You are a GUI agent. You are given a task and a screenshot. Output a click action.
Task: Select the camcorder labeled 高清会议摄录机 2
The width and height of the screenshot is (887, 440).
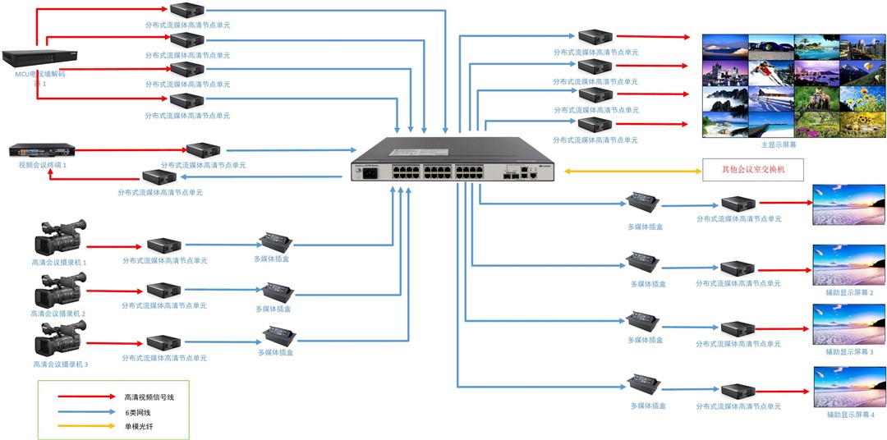[x=58, y=290]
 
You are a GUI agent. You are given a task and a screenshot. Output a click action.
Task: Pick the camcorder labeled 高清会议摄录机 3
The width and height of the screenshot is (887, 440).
[x=58, y=339]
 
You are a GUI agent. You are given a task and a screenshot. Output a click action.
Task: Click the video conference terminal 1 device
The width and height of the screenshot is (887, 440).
[x=41, y=151]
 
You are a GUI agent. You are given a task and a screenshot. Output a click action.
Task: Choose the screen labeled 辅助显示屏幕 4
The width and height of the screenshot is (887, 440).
[x=848, y=388]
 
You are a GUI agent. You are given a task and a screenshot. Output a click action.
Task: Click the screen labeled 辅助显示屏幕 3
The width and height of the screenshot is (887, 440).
[x=848, y=325]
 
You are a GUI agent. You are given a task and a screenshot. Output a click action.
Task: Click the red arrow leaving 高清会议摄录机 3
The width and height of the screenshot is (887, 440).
[x=113, y=341]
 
